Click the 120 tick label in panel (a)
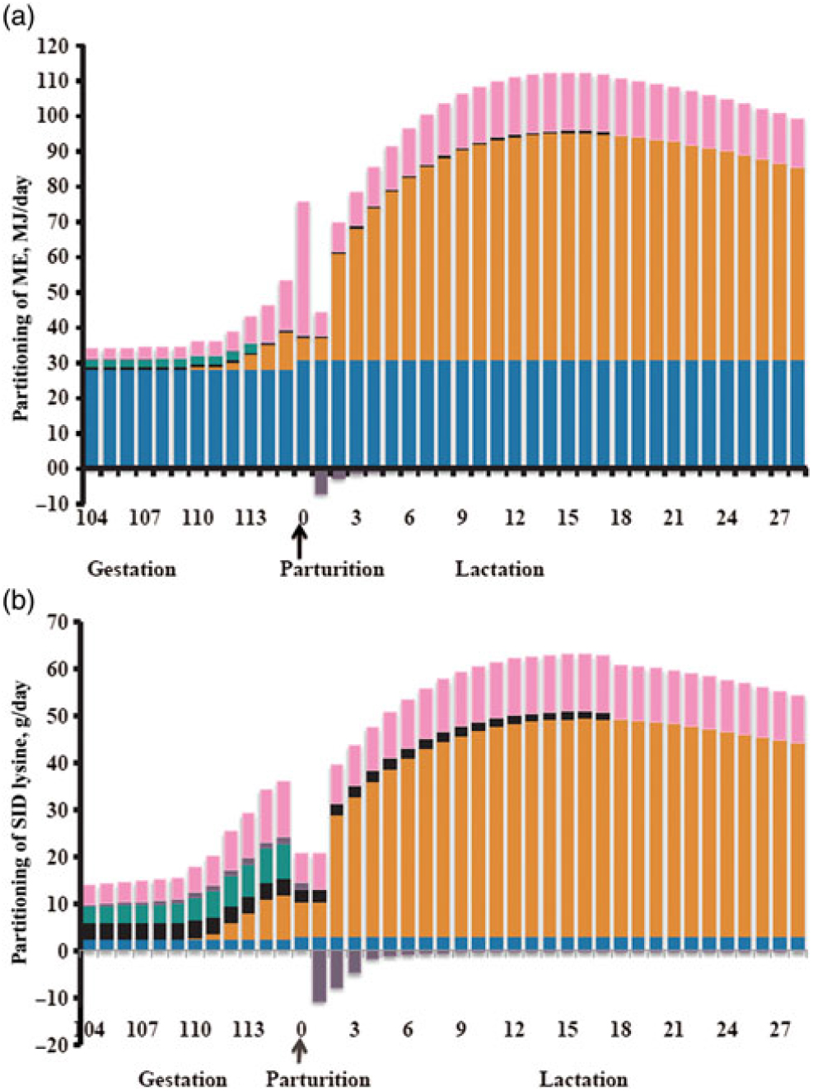pyautogui.click(x=54, y=46)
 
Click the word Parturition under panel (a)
pyautogui.click(x=331, y=569)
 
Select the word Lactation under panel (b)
pyautogui.click(x=583, y=1079)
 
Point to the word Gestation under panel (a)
pyautogui.click(x=132, y=569)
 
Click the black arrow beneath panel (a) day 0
pyautogui.click(x=301, y=543)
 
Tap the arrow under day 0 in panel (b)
pyautogui.click(x=301, y=1050)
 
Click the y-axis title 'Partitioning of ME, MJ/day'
pyautogui.click(x=22, y=298)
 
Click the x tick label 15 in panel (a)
pyautogui.click(x=568, y=517)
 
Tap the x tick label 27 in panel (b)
pyautogui.click(x=780, y=1029)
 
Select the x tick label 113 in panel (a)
pyautogui.click(x=250, y=517)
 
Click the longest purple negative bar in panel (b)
pyautogui.click(x=319, y=976)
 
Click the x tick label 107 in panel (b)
pyautogui.click(x=143, y=1029)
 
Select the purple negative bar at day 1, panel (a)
pyautogui.click(x=321, y=484)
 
